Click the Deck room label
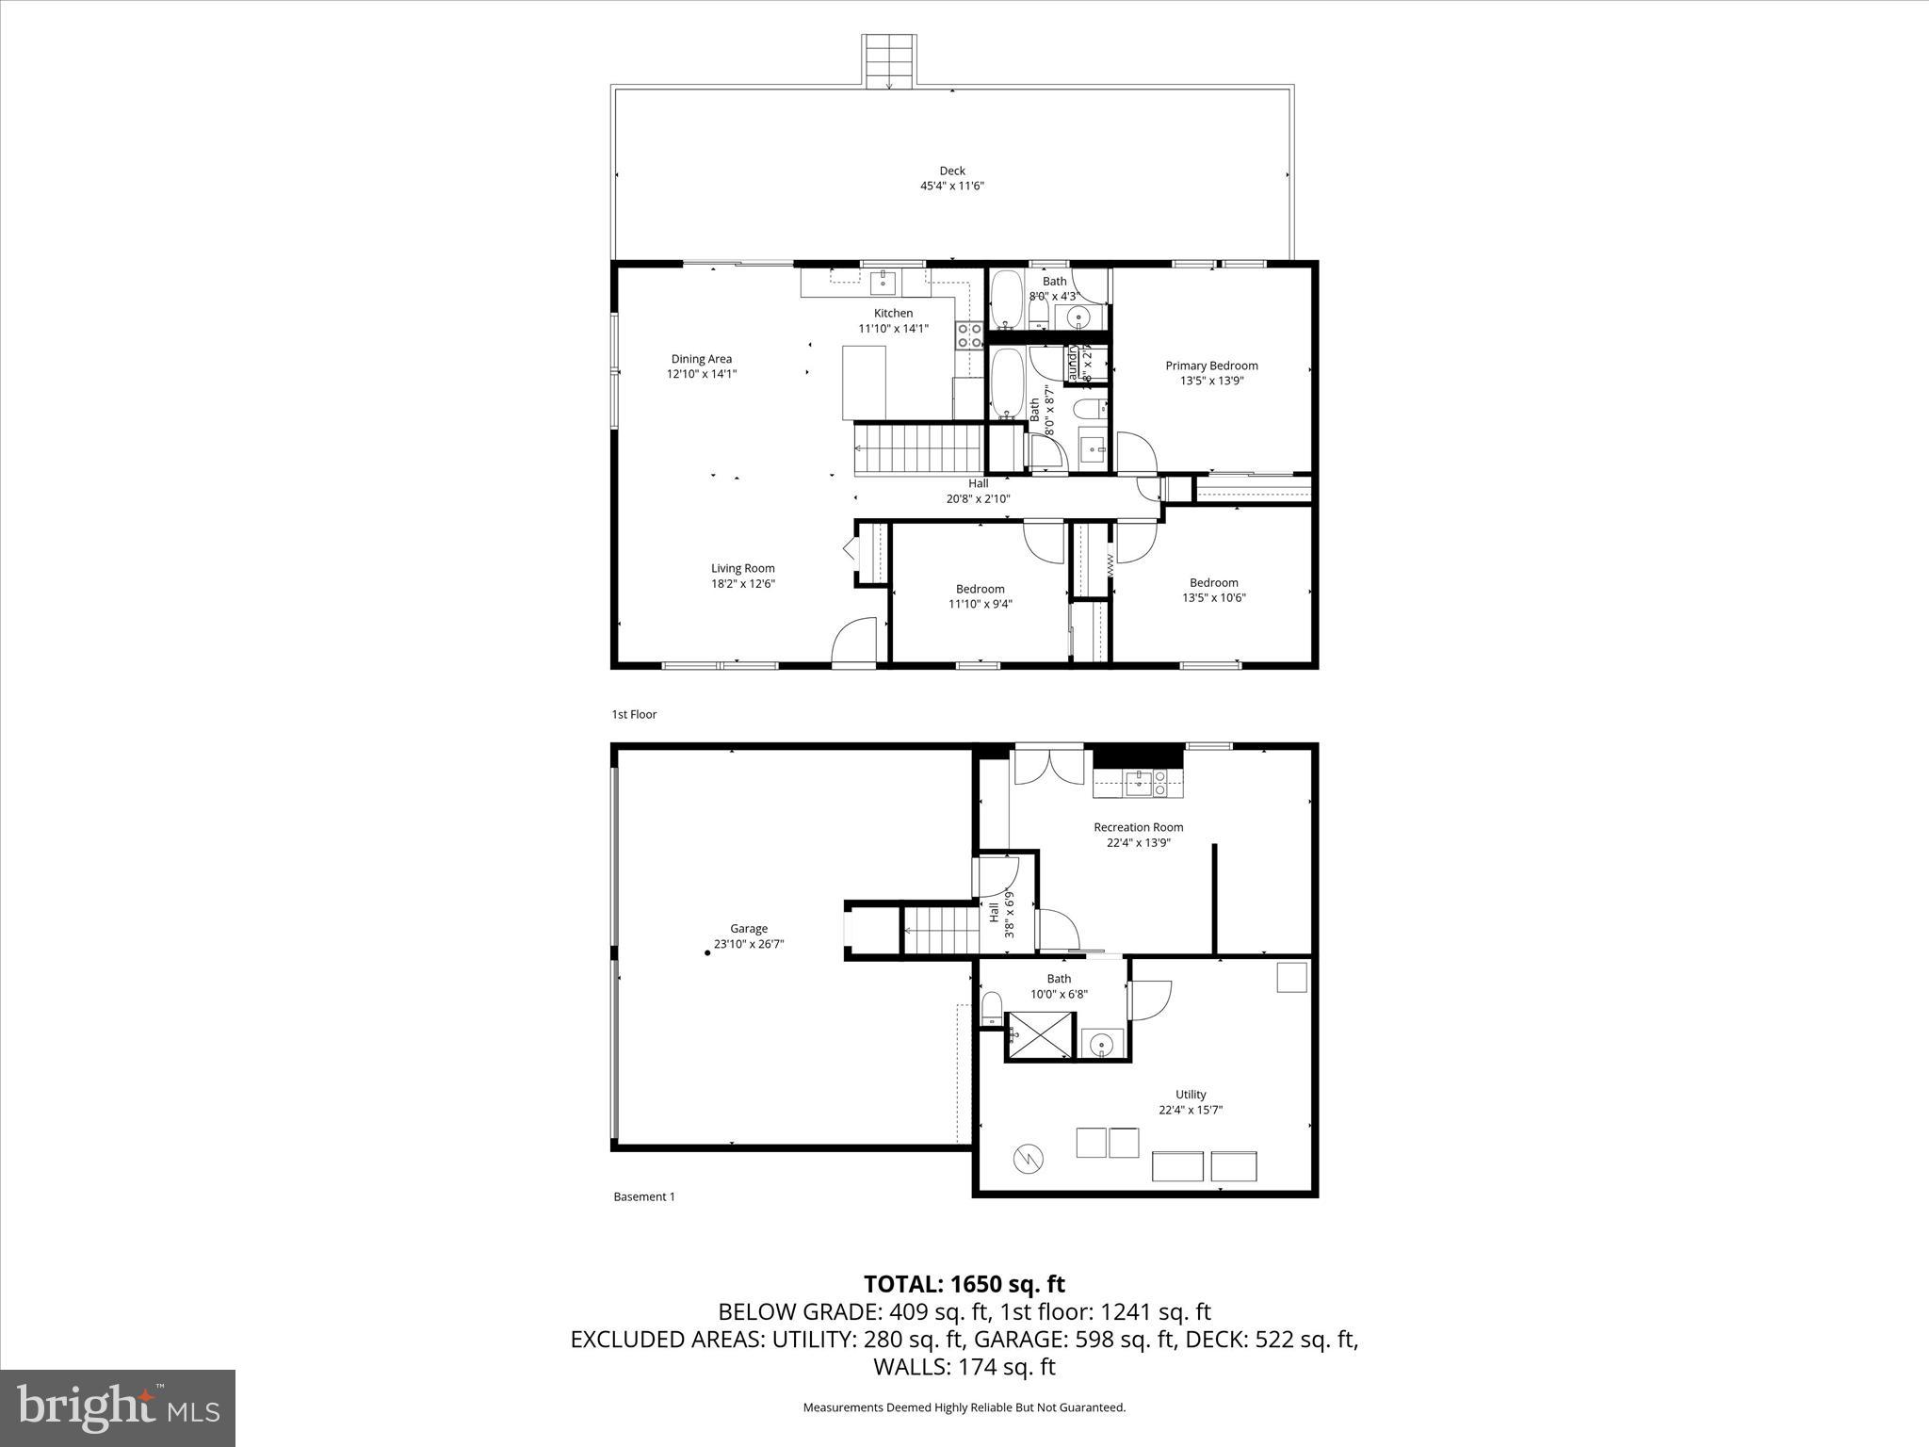(951, 171)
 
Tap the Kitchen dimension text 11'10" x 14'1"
(893, 329)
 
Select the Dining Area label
(701, 359)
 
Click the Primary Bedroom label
(1211, 366)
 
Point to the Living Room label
(742, 568)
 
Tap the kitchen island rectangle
(864, 382)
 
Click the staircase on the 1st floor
(918, 449)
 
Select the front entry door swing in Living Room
(855, 641)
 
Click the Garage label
(749, 928)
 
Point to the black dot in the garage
(708, 952)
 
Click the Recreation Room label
(1138, 827)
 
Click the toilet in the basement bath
(992, 1007)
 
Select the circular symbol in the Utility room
(1028, 1159)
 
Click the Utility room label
(1191, 1094)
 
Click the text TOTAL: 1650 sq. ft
(964, 1284)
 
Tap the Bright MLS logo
(118, 1407)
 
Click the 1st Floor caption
(634, 714)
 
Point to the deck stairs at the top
(889, 61)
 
